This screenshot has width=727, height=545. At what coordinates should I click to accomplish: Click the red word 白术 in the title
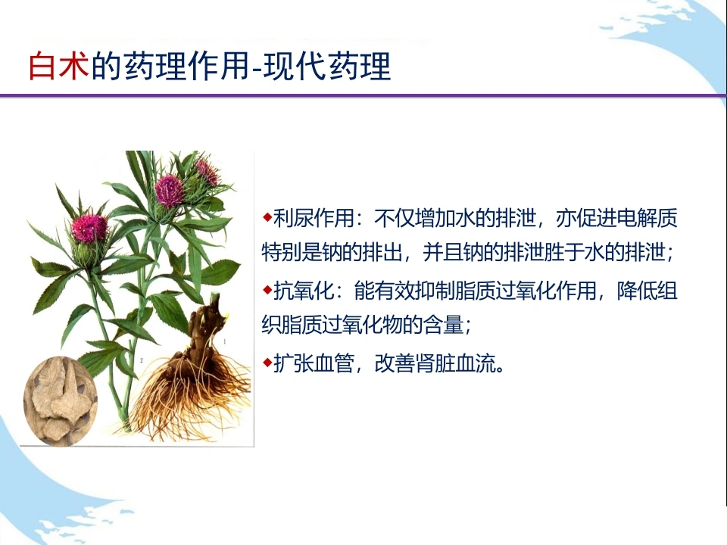(59, 67)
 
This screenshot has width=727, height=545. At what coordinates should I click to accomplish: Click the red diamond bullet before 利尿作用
(267, 216)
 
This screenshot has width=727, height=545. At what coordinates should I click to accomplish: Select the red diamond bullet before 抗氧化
(267, 290)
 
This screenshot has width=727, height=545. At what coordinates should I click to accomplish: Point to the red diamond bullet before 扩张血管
(267, 362)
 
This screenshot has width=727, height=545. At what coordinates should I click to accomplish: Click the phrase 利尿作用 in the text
(314, 218)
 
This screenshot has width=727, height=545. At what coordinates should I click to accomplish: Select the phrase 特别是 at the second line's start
(292, 253)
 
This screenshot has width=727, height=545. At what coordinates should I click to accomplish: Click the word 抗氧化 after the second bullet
(304, 291)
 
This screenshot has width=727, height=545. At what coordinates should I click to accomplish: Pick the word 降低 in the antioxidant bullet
(637, 291)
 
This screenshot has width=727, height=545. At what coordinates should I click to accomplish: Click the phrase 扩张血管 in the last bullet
(314, 363)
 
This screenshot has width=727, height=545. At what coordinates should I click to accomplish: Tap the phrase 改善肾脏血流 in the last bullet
(435, 363)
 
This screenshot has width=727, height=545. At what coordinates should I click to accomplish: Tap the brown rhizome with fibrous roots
(194, 371)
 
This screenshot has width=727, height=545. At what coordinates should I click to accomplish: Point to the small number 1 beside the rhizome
(225, 341)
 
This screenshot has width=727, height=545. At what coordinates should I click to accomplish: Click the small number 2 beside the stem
(142, 360)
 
